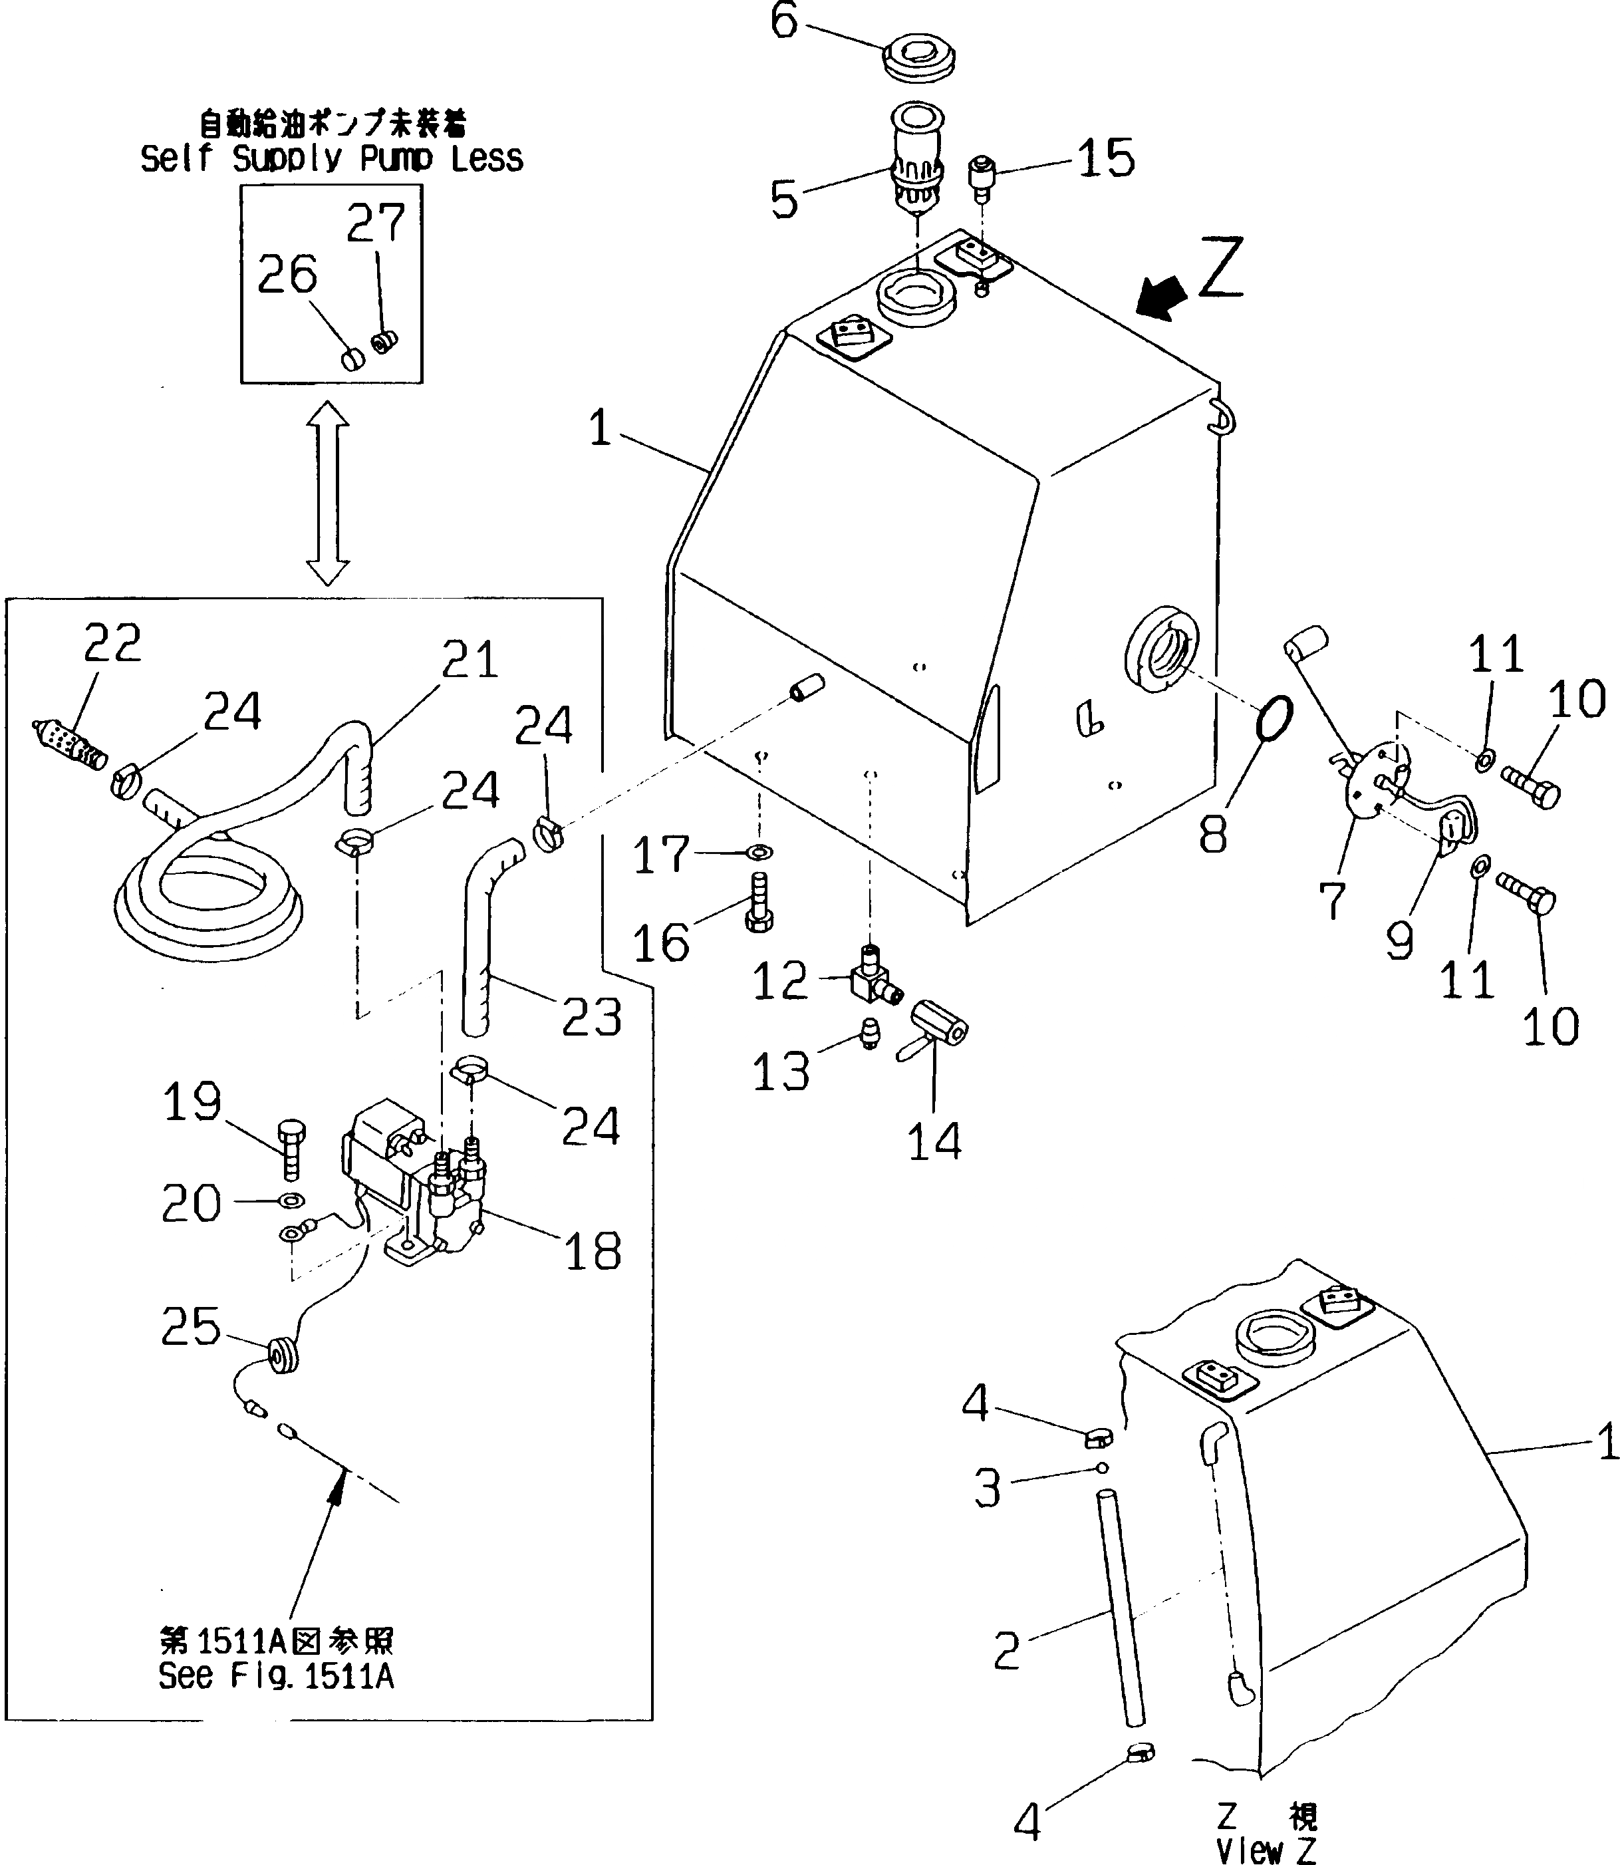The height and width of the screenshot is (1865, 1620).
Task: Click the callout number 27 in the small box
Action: coord(376,223)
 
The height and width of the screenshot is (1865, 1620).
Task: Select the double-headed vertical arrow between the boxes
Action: coord(328,493)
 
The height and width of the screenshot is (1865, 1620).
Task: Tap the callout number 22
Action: coord(112,644)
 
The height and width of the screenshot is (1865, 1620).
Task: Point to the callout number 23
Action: coord(591,1016)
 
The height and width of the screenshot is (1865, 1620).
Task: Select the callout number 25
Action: coord(191,1326)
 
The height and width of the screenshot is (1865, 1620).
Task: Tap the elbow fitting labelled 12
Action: coord(871,977)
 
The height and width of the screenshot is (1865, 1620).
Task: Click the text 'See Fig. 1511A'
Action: coord(276,1675)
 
